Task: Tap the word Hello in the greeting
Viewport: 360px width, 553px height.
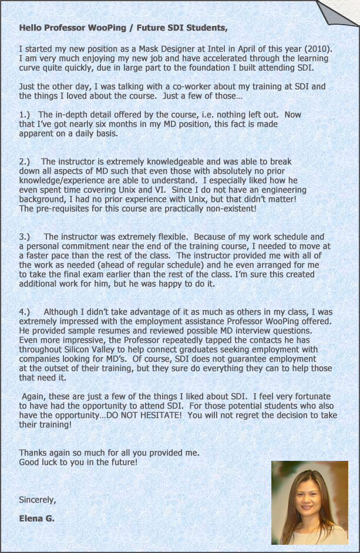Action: (31, 28)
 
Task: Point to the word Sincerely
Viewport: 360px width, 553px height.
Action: (38, 500)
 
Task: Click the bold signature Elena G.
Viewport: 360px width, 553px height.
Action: (36, 518)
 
